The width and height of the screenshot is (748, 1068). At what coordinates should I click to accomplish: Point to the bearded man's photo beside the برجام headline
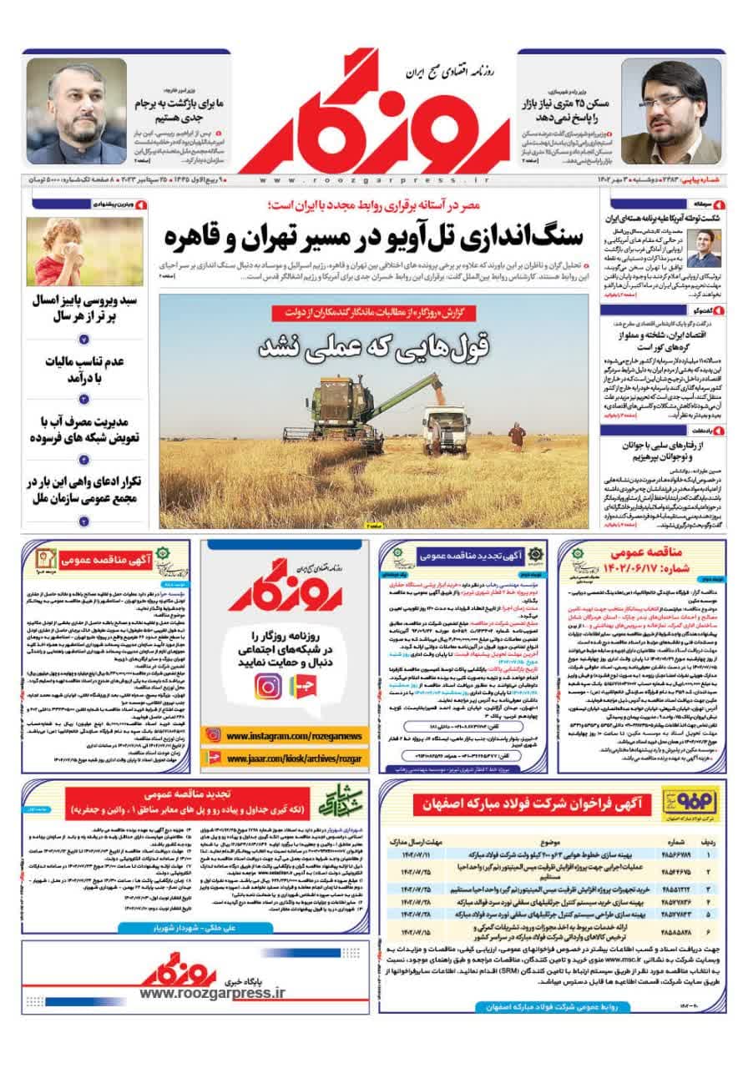pyautogui.click(x=76, y=108)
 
